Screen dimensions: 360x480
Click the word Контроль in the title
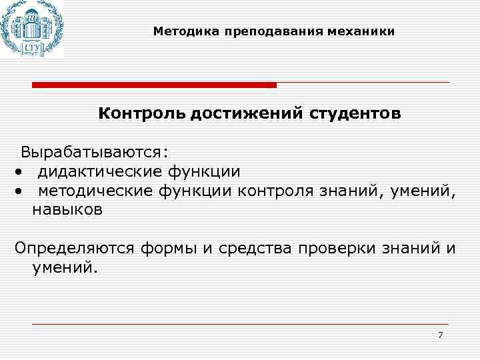point(141,113)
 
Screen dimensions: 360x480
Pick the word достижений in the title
point(246,113)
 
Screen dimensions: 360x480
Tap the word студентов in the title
point(355,113)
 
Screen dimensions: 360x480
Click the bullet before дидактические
point(21,173)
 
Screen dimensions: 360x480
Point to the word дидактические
point(99,172)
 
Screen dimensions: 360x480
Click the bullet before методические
point(21,192)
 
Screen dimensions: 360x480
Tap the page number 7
point(440,335)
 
